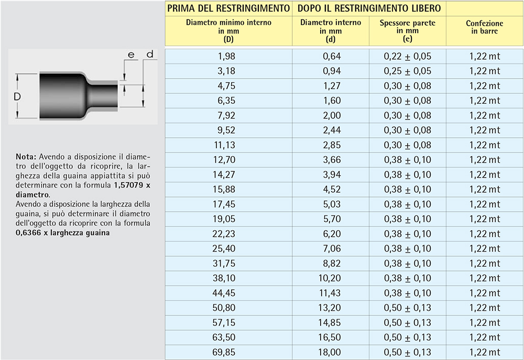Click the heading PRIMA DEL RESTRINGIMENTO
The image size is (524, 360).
click(x=228, y=8)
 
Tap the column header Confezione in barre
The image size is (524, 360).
click(x=485, y=27)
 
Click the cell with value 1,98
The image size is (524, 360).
click(x=228, y=56)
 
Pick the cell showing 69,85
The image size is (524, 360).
click(x=228, y=352)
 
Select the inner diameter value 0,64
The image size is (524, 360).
click(x=331, y=56)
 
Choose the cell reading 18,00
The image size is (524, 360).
click(x=331, y=352)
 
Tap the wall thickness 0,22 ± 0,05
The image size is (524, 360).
click(x=408, y=56)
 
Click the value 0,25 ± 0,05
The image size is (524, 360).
click(x=408, y=71)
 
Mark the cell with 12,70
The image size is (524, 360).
click(x=228, y=160)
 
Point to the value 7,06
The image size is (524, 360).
click(x=331, y=248)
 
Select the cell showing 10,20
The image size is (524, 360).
click(x=331, y=278)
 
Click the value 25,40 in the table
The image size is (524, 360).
click(x=228, y=248)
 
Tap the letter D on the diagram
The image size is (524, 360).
click(x=17, y=97)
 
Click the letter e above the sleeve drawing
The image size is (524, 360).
click(x=131, y=54)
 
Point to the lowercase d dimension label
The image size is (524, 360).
click(x=149, y=54)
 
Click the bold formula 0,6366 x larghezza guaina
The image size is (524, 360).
click(x=63, y=233)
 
